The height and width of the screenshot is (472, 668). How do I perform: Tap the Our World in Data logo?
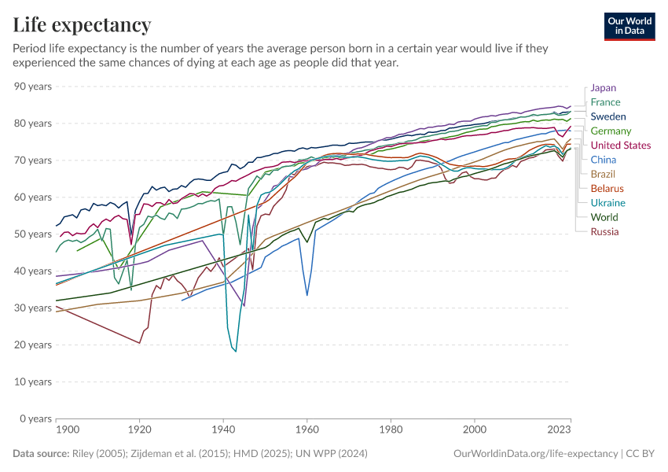click(x=629, y=26)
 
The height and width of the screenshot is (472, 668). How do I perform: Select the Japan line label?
click(x=603, y=88)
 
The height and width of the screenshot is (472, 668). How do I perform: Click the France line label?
click(x=605, y=102)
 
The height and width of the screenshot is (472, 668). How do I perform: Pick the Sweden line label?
click(x=607, y=116)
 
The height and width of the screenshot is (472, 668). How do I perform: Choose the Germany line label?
click(x=610, y=131)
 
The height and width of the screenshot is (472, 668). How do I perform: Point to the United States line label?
click(x=620, y=146)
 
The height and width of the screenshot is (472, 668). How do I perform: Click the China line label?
click(x=603, y=160)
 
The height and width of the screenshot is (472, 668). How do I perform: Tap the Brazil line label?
click(x=603, y=174)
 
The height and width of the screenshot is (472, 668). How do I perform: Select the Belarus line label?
click(x=607, y=189)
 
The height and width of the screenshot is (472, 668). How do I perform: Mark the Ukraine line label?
click(x=607, y=203)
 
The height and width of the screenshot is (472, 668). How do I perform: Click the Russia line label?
click(x=604, y=231)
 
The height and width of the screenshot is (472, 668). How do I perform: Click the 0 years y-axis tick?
click(x=36, y=419)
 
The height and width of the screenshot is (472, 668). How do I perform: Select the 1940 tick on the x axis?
click(x=223, y=430)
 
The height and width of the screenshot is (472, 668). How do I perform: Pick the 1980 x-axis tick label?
click(x=390, y=430)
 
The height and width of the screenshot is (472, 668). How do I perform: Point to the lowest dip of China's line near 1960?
click(x=306, y=295)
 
